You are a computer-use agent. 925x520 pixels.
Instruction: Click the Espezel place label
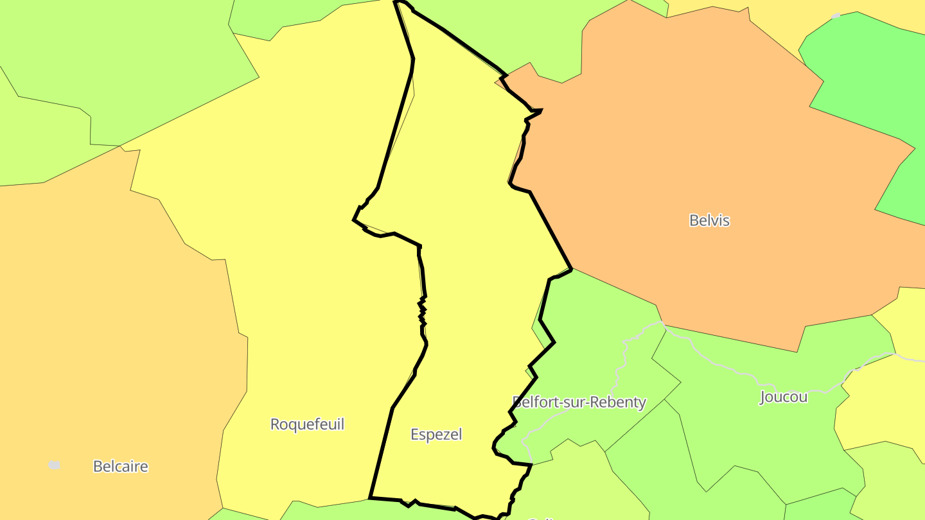[436, 435]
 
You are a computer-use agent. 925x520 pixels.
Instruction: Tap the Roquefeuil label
[307, 424]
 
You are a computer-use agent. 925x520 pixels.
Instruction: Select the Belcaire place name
[120, 467]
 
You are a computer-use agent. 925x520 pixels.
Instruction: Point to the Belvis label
[709, 220]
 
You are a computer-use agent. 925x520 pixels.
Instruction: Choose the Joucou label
[783, 397]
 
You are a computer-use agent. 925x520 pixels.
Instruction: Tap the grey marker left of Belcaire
[55, 465]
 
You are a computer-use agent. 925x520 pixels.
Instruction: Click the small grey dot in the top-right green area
[836, 15]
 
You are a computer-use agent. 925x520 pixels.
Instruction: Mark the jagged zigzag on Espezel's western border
[422, 311]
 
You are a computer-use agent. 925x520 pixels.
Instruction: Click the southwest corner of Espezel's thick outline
[370, 498]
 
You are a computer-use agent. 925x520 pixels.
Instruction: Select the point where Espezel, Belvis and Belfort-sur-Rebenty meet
[571, 269]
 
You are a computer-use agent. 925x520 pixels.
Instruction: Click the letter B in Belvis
[694, 220]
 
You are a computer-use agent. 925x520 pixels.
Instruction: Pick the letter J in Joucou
[763, 397]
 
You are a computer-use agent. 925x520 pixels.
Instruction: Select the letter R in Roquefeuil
[275, 424]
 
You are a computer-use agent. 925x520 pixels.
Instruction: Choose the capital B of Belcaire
[98, 467]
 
